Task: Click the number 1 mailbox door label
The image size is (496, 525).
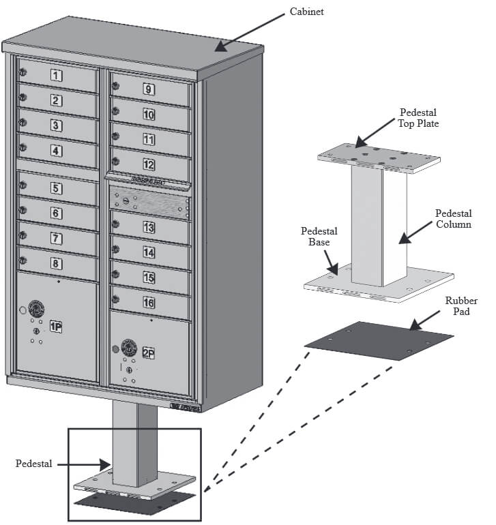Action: (x=57, y=75)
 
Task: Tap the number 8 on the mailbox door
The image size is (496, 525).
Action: (x=56, y=264)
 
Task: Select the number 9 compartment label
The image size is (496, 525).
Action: (x=148, y=89)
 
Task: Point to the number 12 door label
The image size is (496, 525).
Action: (x=148, y=164)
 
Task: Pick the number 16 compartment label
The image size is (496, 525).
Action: (x=148, y=301)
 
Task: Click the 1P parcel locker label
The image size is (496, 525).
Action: (x=56, y=328)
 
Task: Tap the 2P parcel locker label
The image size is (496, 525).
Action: (x=148, y=352)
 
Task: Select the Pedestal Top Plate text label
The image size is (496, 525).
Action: (x=419, y=117)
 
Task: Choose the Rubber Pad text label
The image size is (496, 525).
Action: (x=461, y=306)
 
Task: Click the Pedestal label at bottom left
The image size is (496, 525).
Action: (x=34, y=464)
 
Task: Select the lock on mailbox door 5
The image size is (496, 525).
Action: (x=23, y=184)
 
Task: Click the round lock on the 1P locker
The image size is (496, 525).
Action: (x=34, y=308)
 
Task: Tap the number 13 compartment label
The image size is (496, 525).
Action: (x=148, y=228)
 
